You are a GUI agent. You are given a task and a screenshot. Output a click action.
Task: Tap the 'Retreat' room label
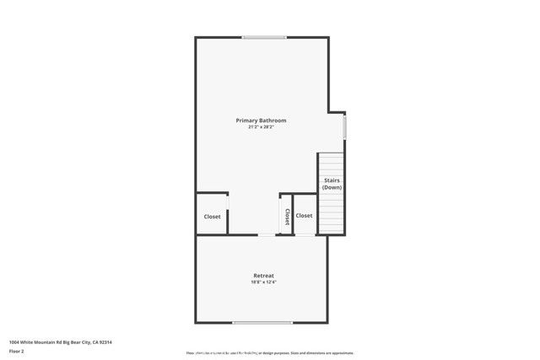pos(263,276)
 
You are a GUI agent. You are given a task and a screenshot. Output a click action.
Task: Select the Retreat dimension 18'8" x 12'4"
pos(263,282)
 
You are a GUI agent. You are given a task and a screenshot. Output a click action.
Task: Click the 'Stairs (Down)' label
pos(332,183)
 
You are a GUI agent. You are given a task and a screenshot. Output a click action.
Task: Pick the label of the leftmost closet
pos(212,217)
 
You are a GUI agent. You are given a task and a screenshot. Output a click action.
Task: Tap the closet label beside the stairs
pos(304,216)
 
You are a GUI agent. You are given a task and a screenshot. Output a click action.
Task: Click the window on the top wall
pos(264,37)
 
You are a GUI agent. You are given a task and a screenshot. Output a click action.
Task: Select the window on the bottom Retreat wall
pos(262,322)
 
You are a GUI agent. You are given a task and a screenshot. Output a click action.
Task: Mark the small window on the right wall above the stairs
pos(344,126)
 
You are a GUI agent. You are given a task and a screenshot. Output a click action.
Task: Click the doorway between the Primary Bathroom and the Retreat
pos(265,235)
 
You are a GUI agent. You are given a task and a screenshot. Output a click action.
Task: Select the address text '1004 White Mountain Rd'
pos(38,341)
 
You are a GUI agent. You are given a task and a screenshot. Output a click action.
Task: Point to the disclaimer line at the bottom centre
pos(270,352)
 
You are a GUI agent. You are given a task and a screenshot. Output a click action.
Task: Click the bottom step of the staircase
pos(332,231)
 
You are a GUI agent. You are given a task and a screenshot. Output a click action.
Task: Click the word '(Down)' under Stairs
pos(332,187)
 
